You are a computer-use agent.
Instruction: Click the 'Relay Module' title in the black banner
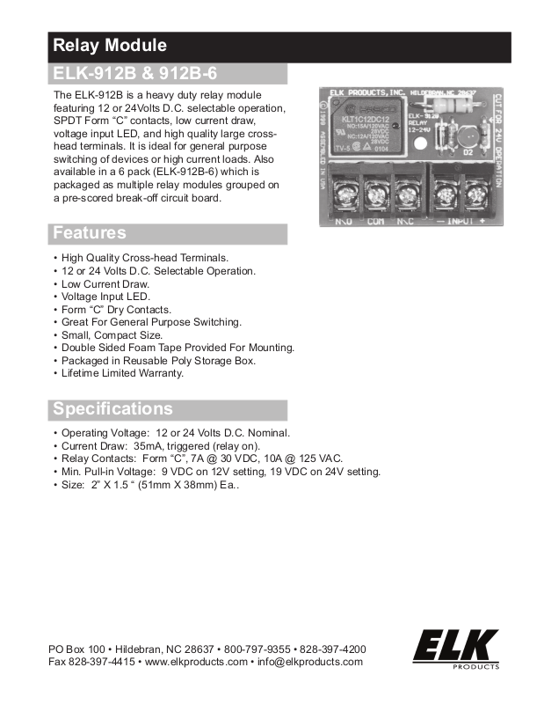[x=110, y=46]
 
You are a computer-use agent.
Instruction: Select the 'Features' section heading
[x=90, y=233]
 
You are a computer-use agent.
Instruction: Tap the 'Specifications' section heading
[x=112, y=409]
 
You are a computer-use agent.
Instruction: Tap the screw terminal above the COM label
[x=376, y=192]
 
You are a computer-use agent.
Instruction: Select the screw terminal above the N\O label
[x=345, y=192]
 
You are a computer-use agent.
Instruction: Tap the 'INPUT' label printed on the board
[x=458, y=221]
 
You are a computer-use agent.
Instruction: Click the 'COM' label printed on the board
[x=376, y=221]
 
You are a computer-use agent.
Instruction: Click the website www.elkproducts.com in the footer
[x=196, y=662]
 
